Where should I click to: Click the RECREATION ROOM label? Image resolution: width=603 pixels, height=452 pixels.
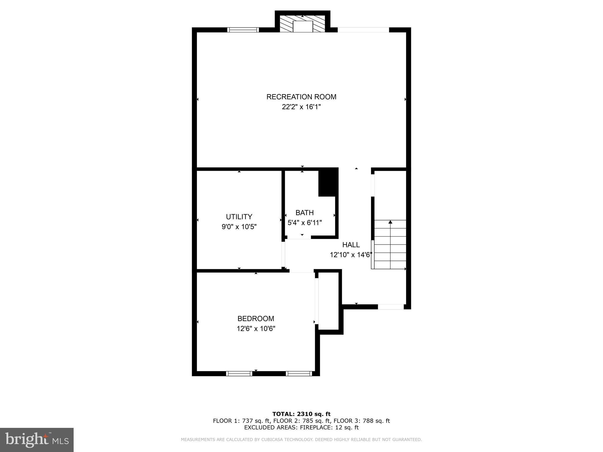301,97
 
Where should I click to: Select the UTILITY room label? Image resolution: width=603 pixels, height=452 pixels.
239,217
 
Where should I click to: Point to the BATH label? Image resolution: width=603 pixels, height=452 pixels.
304,213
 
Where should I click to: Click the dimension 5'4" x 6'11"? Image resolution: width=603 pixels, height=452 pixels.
304,223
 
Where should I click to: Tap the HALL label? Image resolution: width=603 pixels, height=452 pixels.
351,245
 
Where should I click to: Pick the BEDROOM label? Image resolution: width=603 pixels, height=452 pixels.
256,319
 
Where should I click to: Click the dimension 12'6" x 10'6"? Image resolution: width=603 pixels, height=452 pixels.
256,329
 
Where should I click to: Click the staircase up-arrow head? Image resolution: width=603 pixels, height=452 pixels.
390,222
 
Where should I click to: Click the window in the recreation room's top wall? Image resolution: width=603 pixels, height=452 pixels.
243,30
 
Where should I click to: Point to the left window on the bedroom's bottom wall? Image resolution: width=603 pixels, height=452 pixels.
239,374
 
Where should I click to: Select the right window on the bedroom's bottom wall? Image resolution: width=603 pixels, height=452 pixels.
299,374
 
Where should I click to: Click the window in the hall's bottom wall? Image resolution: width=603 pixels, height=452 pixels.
391,307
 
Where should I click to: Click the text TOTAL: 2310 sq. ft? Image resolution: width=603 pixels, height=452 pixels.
301,414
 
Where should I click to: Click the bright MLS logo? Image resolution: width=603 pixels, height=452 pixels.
37,440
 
